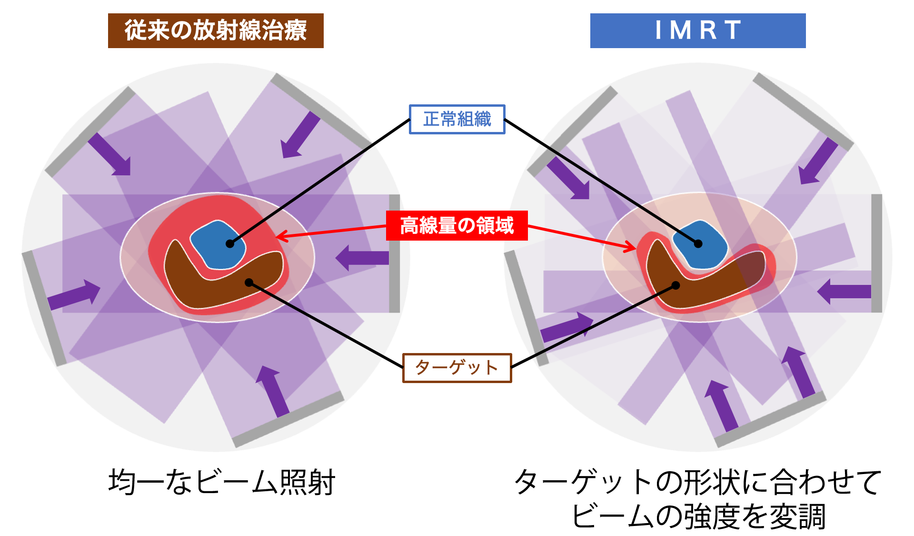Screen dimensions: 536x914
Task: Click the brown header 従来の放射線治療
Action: click(x=216, y=30)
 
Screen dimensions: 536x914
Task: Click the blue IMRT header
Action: click(x=697, y=30)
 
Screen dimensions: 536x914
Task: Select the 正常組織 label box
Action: click(x=457, y=119)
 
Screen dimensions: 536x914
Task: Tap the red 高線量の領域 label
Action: click(x=457, y=225)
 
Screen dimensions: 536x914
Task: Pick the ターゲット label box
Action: click(x=457, y=367)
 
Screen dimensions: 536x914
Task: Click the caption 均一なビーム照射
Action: click(x=222, y=482)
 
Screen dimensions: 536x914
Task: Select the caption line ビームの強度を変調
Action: click(x=698, y=516)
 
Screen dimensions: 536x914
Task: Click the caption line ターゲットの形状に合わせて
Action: click(x=698, y=482)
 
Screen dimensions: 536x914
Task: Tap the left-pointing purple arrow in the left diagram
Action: click(x=362, y=258)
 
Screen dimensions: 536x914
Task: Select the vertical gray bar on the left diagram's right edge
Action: click(x=394, y=253)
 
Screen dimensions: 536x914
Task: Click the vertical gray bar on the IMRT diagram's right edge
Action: click(x=876, y=253)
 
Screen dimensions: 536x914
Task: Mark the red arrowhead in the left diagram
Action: click(x=281, y=236)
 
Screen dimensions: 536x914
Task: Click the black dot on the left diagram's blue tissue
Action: click(x=230, y=243)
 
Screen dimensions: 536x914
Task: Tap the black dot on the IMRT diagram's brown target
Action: click(x=676, y=286)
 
